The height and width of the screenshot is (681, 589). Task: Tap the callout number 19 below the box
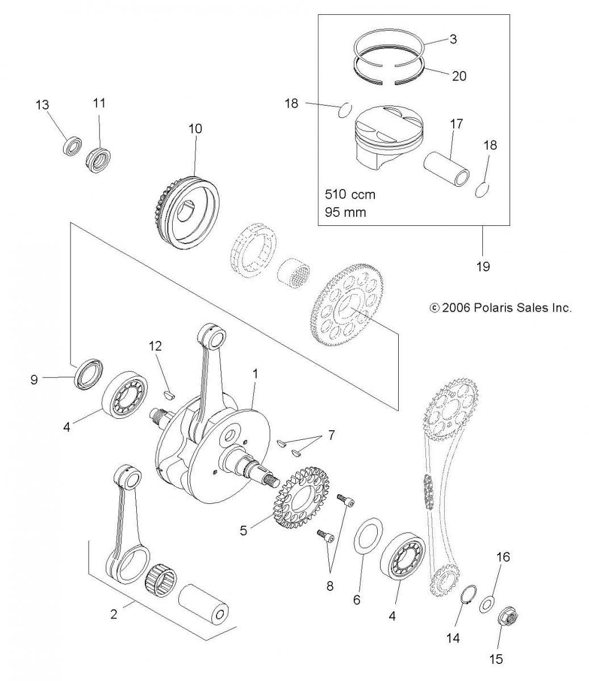point(483,266)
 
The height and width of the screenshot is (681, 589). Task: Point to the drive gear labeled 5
point(302,499)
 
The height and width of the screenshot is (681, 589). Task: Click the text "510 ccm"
point(350,195)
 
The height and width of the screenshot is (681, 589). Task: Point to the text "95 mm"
point(345,212)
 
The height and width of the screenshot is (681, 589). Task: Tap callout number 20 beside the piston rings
point(458,76)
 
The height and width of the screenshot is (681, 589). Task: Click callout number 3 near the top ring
point(453,39)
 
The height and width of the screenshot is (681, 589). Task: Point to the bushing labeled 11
point(98,161)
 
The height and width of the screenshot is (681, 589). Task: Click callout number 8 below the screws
point(330,586)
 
